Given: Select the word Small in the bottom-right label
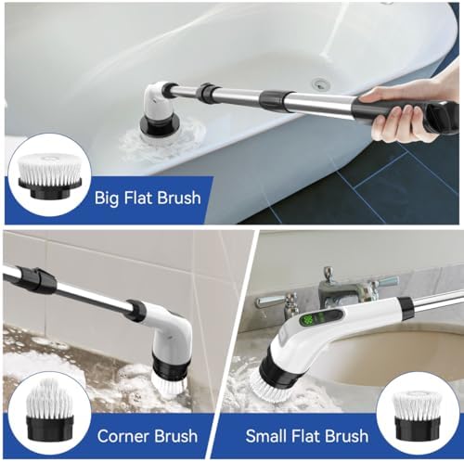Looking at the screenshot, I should pyautogui.click(x=267, y=436).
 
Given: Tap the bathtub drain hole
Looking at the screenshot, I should pyautogui.click(x=321, y=83).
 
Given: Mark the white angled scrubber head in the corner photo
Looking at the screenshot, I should pyautogui.click(x=168, y=334).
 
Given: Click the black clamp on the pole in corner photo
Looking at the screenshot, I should pyautogui.click(x=36, y=279).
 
